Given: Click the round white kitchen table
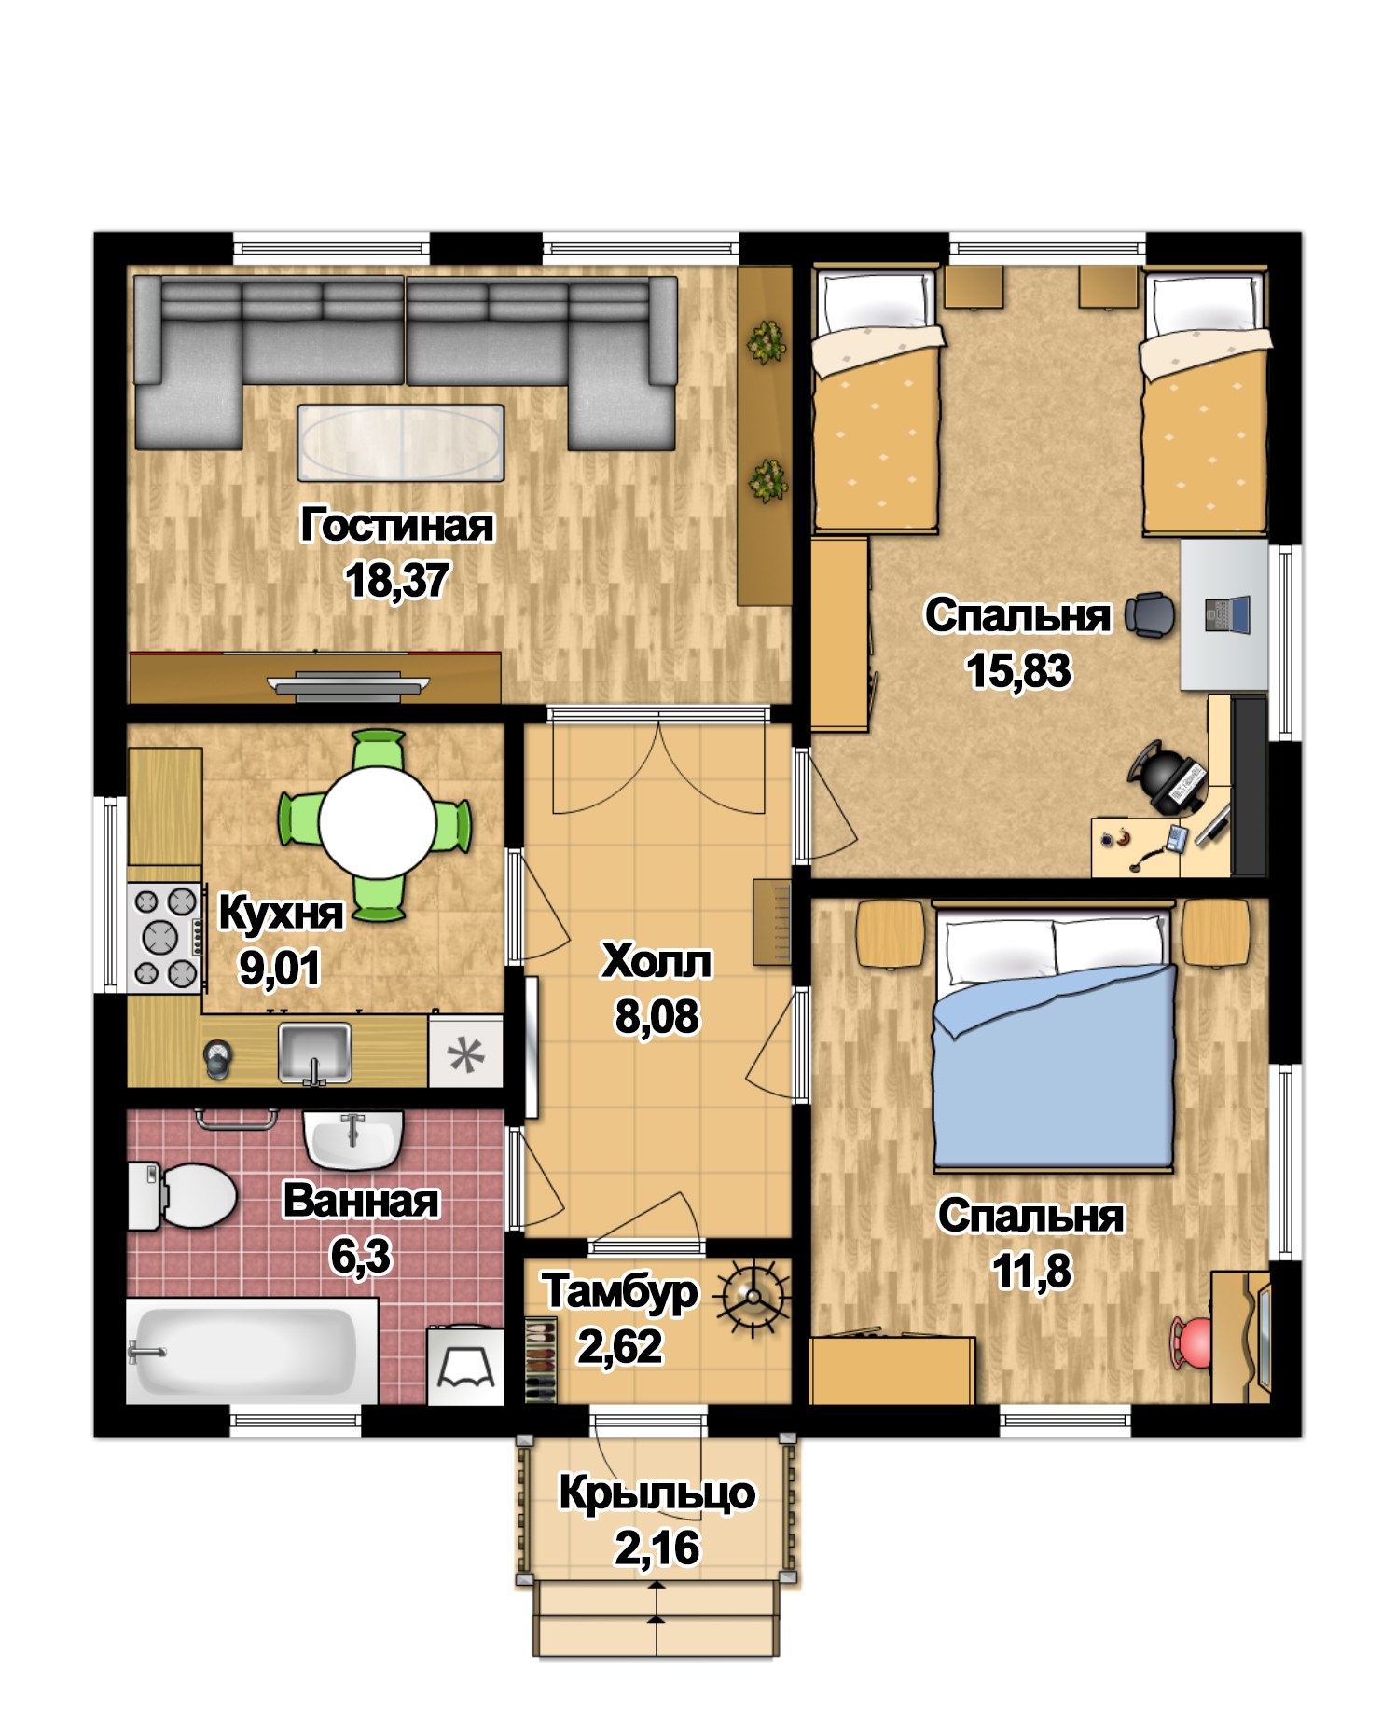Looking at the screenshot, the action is (x=377, y=823).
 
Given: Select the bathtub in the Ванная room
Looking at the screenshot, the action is (x=252, y=1351).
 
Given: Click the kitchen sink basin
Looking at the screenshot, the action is (x=315, y=1053).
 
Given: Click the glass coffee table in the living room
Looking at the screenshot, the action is (x=401, y=443).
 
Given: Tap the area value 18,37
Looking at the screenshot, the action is (x=398, y=580).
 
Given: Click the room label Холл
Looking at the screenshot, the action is (x=657, y=961).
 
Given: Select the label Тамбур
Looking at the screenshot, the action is (x=620, y=1292).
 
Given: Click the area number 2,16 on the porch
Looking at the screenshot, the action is (x=657, y=1548).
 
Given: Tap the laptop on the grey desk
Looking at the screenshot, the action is (x=1226, y=614).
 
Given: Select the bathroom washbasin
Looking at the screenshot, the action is (x=352, y=1138).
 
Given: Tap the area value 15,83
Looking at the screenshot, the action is (x=1018, y=670).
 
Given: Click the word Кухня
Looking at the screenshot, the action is (x=280, y=913).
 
